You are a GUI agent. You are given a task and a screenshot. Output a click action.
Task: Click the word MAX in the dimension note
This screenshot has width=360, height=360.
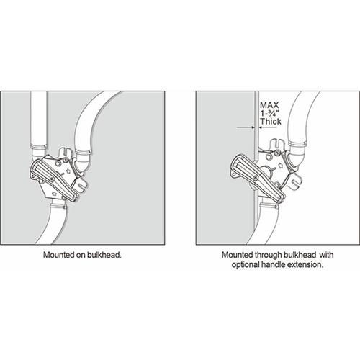coord(269,105)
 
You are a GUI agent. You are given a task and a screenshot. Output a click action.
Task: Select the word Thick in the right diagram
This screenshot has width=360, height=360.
coord(271,121)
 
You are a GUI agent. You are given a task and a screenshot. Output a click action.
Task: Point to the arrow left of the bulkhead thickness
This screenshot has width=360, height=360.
coord(246,127)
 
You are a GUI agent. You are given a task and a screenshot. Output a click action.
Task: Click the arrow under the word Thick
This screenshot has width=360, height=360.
coord(268,127)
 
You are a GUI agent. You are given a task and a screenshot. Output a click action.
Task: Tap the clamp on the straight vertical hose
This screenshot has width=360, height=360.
coord(38,146)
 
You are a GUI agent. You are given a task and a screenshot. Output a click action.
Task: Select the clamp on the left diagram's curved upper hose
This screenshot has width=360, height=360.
coord(83,152)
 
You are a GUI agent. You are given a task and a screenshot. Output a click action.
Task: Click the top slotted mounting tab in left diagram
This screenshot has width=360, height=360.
coord(64,152)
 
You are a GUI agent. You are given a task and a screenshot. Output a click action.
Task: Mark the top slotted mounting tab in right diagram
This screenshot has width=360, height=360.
coord(278,144)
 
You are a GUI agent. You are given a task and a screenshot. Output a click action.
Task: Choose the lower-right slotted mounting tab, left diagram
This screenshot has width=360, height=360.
coord(81,184)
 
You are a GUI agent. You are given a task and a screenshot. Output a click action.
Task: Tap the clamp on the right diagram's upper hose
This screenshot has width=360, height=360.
coord(297,144)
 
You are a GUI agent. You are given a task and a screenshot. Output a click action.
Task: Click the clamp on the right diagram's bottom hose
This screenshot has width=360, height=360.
coord(269,205)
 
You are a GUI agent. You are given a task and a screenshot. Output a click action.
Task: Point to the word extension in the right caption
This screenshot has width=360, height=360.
coord(305,264)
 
